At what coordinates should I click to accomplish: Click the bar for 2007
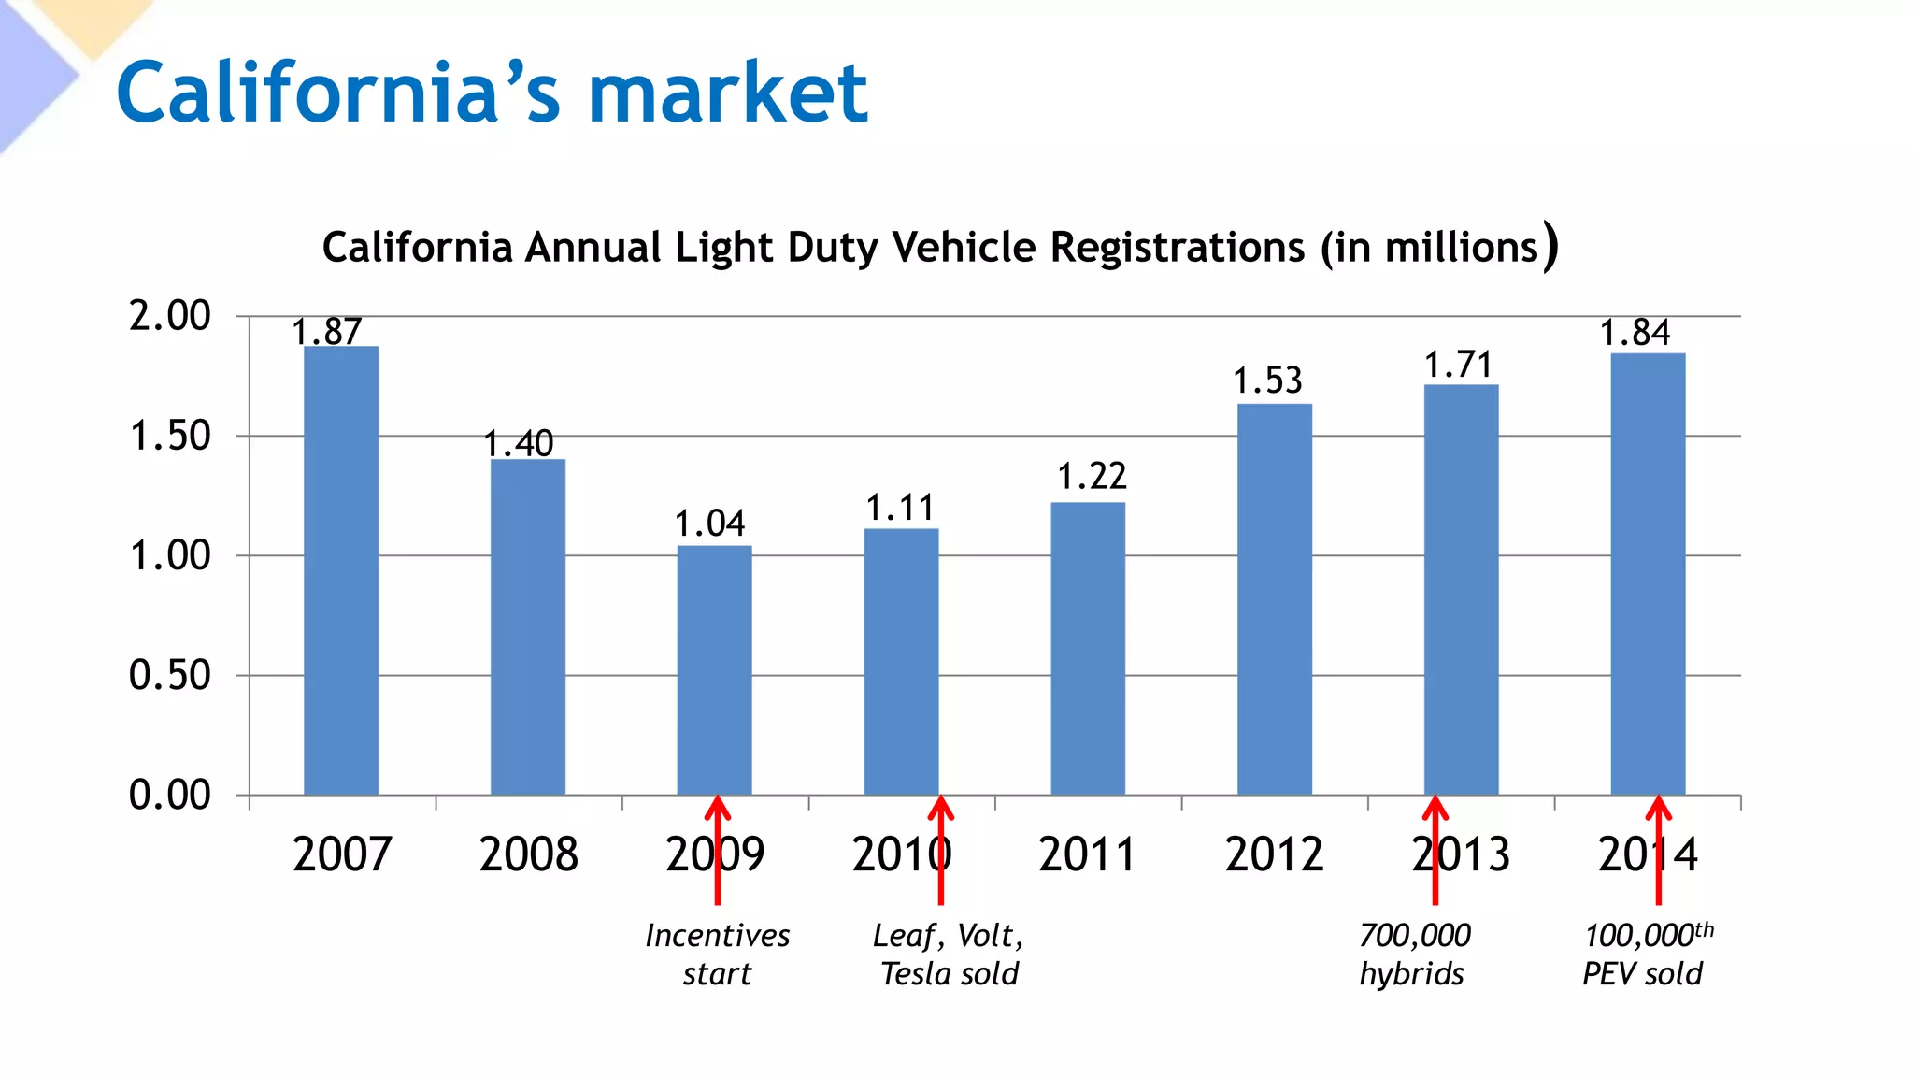(341, 570)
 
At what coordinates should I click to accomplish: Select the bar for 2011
(1088, 649)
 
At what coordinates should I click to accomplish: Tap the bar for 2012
(1275, 599)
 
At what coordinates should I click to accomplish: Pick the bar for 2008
(528, 626)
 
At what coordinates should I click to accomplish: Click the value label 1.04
(710, 524)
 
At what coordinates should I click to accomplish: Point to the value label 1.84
(1635, 333)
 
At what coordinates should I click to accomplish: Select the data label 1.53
(1267, 381)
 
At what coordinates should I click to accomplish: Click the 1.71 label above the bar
(1459, 365)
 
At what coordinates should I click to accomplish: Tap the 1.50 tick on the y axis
(170, 437)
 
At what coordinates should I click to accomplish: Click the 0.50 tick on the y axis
(170, 675)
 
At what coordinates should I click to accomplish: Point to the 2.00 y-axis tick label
(170, 316)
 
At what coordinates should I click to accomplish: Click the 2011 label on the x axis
(1087, 854)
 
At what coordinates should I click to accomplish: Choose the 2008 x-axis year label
(528, 854)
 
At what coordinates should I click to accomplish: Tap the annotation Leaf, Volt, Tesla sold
(949, 955)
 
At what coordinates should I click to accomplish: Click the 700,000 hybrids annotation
(1414, 955)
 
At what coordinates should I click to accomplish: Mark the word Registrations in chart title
(1177, 248)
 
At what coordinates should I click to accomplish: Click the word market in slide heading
(728, 93)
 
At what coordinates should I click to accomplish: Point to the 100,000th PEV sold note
(1647, 955)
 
